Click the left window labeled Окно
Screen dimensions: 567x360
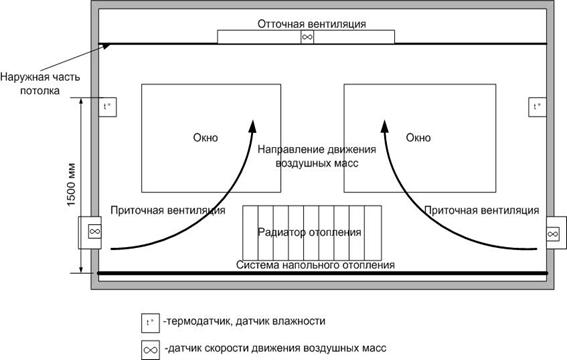coord(211,138)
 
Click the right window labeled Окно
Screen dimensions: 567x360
coord(420,138)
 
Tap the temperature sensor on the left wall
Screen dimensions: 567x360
coord(107,107)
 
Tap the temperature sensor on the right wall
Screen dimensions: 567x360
coord(537,107)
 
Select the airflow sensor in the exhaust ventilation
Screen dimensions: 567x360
coord(307,37)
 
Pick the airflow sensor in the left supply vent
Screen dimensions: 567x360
coord(95,231)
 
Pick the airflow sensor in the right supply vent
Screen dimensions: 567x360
coord(553,234)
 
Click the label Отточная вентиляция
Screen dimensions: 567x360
coord(312,24)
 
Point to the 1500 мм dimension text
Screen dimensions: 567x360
coord(71,184)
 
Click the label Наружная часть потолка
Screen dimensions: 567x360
coord(40,83)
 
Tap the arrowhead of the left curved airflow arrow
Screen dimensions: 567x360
coord(252,127)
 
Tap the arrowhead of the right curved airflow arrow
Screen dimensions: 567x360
coord(385,127)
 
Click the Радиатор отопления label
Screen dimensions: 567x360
coord(309,232)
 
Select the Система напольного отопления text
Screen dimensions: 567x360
coord(315,265)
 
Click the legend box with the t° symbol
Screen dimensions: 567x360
coord(150,323)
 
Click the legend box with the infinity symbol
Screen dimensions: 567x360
coord(150,350)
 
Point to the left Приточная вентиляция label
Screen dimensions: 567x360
coord(168,210)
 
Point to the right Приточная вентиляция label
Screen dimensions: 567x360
coord(482,210)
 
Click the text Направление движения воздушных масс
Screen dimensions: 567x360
coord(317,156)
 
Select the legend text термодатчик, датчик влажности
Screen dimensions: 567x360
coord(244,321)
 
